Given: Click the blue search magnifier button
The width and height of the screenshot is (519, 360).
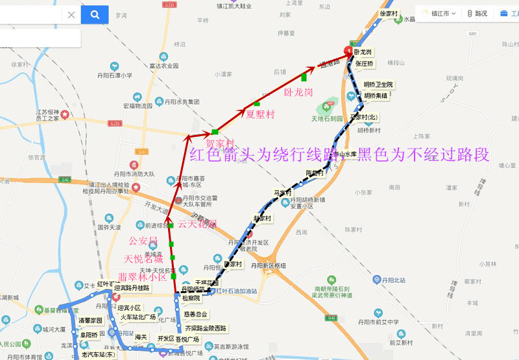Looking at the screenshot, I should [x=95, y=14].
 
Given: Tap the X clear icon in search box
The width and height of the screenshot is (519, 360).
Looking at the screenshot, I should [x=71, y=15].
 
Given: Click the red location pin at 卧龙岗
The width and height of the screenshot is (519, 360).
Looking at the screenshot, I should [x=349, y=49].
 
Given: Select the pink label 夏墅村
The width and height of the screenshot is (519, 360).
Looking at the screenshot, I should [x=259, y=114].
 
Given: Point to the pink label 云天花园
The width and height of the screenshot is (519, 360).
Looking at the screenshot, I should [x=197, y=224].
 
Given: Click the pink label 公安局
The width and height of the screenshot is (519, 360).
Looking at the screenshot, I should [x=143, y=241].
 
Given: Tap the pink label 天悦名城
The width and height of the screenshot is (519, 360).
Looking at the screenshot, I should [x=144, y=259].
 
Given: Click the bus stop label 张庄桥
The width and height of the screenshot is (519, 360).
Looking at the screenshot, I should [x=364, y=64].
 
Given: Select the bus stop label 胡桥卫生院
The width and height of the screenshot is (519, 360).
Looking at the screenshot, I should [x=378, y=84].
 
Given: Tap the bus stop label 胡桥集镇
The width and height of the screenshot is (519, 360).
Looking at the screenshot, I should [x=375, y=96].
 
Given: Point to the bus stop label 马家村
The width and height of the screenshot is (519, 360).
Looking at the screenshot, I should [x=282, y=193].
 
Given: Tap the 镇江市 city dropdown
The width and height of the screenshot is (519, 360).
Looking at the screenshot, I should [x=439, y=13].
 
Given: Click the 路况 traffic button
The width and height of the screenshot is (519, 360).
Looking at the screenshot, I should [x=477, y=13].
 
